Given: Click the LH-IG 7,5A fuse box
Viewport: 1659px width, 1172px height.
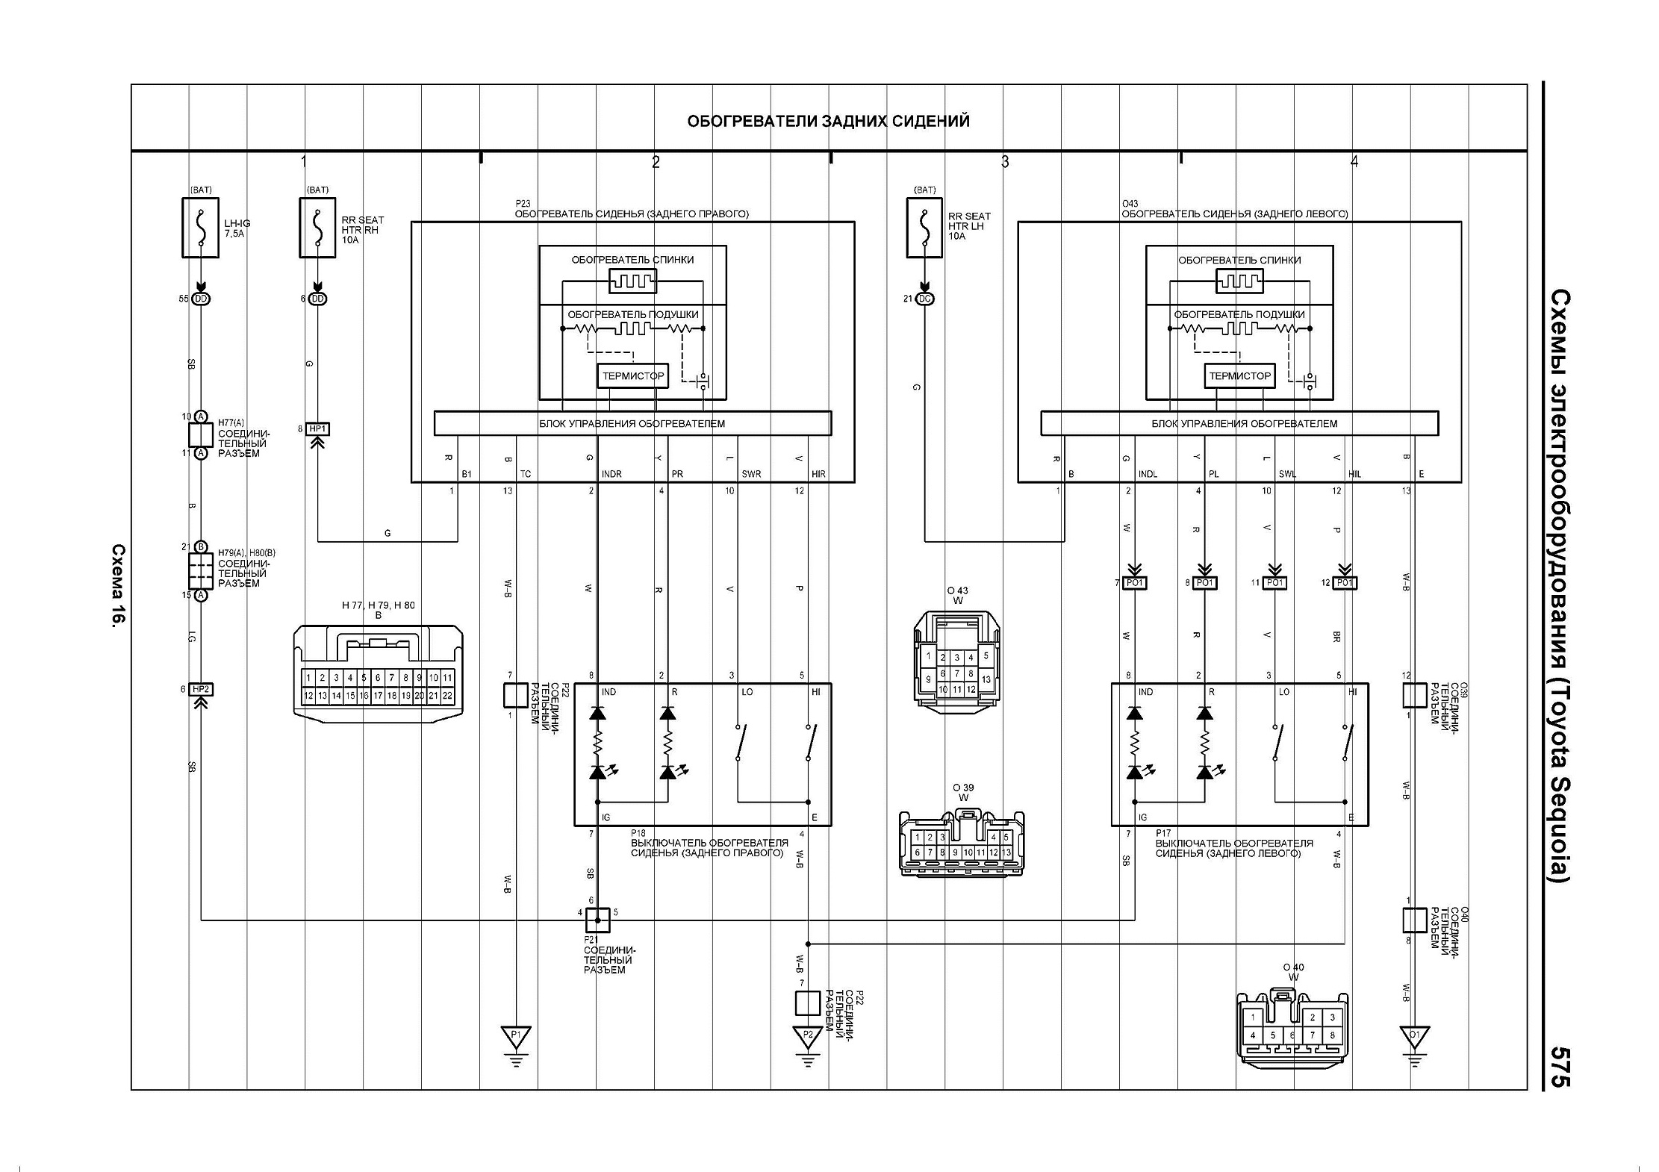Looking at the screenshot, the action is (200, 228).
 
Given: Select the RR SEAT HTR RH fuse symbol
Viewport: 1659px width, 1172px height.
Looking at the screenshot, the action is (317, 228).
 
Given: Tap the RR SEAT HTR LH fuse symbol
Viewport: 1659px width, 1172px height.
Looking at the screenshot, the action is (924, 228).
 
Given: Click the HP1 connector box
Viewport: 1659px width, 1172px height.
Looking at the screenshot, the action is (318, 429).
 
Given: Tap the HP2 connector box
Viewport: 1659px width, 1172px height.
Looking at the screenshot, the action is (201, 689).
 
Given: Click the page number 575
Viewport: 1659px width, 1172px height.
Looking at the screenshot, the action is (1560, 1067).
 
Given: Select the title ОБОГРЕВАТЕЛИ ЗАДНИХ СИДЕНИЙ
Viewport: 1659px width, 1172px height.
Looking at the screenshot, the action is (828, 121).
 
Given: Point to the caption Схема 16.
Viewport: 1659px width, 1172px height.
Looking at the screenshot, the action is (118, 585).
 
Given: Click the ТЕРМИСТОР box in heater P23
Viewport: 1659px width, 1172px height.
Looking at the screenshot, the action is (633, 376).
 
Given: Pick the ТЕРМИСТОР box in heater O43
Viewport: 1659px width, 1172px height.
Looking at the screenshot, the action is (1239, 376).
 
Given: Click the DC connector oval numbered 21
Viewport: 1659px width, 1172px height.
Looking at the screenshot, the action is (924, 299).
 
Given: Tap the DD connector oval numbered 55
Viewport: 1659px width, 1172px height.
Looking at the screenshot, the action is (201, 299).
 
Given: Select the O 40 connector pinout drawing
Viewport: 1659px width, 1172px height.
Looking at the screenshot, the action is (1292, 1026).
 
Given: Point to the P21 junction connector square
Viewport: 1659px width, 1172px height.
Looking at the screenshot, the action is (597, 920).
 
